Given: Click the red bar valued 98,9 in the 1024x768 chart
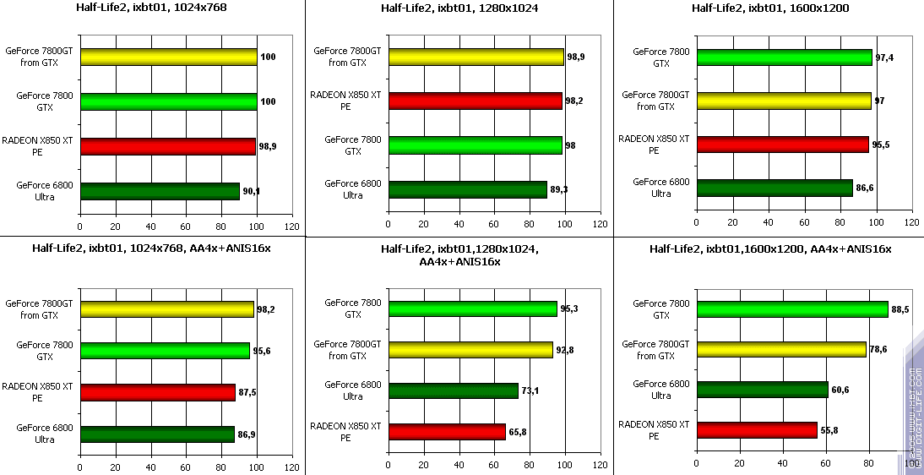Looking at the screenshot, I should coord(167,147).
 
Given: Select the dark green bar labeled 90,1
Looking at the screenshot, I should coord(160,192).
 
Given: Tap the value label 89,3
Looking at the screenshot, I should coord(559,189).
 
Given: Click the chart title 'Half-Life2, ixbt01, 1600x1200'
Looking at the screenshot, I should coord(770,8).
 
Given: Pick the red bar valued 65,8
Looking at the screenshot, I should coord(447,432).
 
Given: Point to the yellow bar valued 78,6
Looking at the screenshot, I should coord(781,349).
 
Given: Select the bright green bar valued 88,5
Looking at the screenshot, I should coord(792,309).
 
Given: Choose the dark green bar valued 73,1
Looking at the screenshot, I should coord(453,390).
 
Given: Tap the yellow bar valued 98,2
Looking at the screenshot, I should coord(167,309).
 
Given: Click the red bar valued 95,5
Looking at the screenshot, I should coord(782,145).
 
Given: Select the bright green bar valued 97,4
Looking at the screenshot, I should coord(784,57).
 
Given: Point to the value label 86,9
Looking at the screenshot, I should coord(246,434).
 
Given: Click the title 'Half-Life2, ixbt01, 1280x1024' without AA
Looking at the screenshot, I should coord(459,8).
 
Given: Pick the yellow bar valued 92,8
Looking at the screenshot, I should coord(470,350).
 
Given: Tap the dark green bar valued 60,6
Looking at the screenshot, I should coord(762,390).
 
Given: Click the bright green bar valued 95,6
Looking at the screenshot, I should coord(165,351).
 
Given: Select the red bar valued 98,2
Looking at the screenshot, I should coord(476,101).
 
